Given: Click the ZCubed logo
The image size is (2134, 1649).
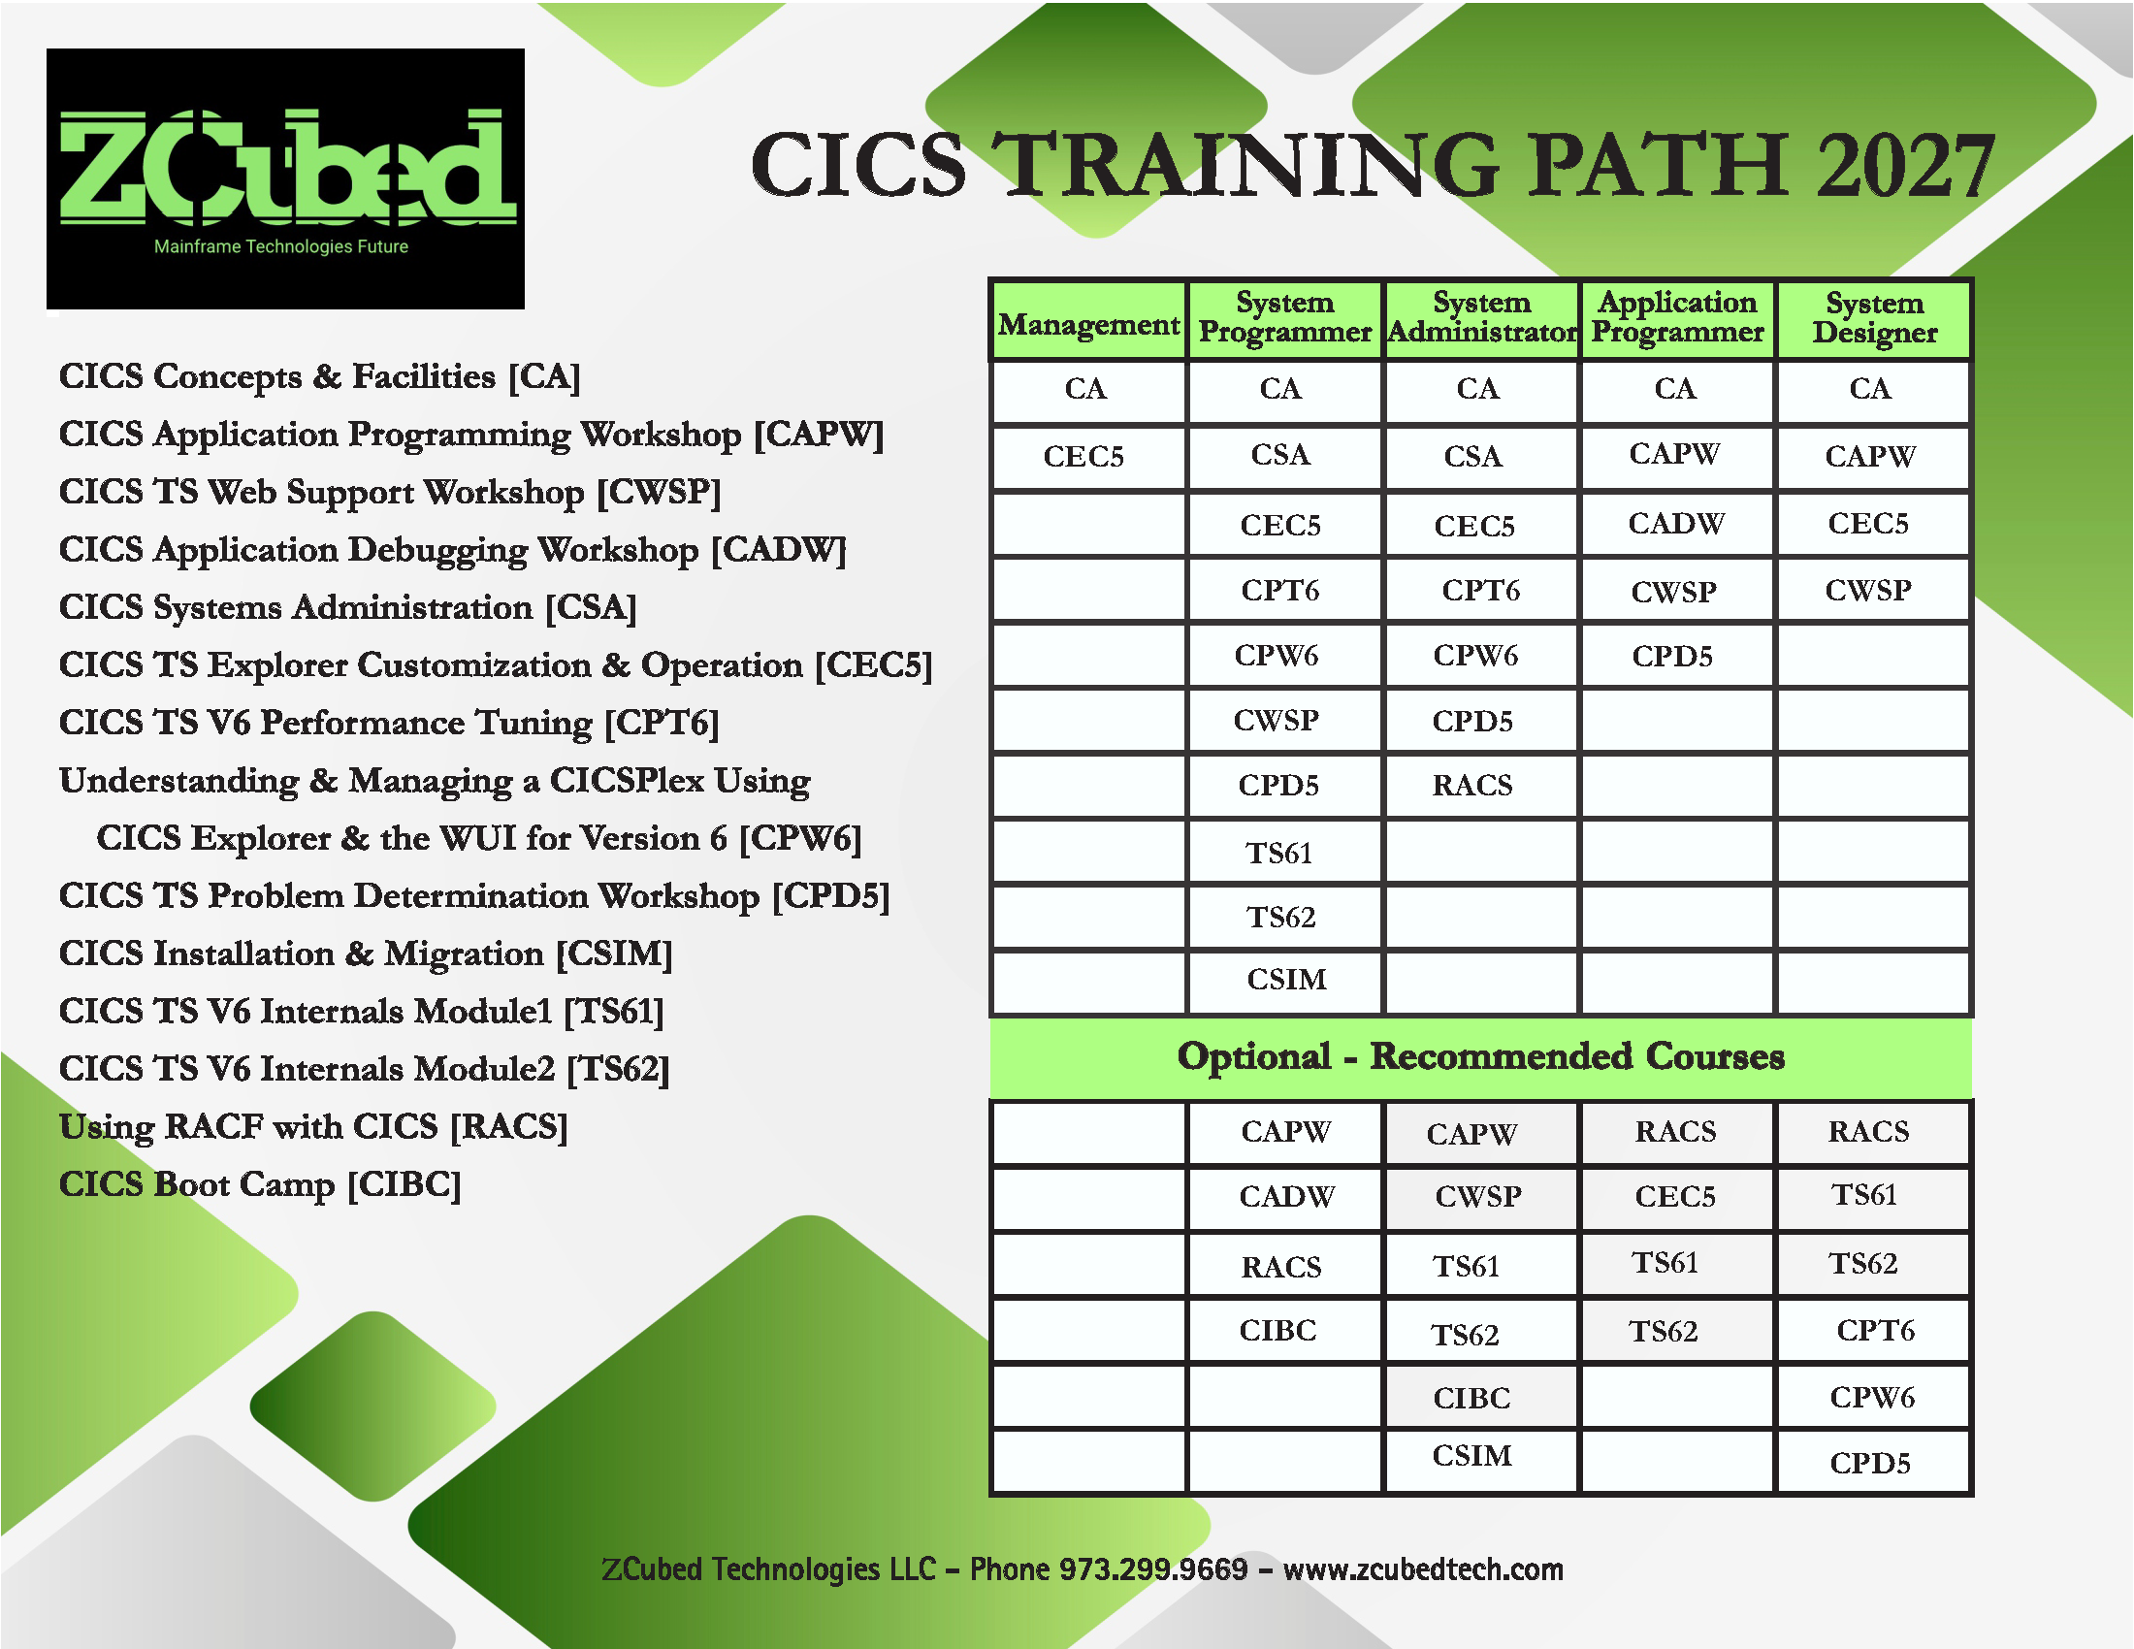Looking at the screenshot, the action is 285,178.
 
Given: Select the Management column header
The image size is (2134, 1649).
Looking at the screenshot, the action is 1088,324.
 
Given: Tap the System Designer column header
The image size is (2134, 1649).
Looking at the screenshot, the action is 1874,317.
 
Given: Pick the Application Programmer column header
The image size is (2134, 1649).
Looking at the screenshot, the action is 1677,317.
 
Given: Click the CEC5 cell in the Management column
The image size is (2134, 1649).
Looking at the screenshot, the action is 1083,456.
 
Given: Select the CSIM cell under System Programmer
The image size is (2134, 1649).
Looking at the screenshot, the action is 1286,979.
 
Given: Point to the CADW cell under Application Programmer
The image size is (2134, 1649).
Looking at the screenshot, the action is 1676,524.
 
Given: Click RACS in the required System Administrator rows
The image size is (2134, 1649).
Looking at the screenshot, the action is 1472,785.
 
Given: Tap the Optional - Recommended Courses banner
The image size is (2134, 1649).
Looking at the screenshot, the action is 1480,1056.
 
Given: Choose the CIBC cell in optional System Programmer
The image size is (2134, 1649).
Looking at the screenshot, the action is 1278,1330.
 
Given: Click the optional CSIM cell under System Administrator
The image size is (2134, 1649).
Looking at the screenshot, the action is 1471,1456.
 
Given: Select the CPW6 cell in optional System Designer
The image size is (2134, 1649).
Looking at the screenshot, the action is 1872,1397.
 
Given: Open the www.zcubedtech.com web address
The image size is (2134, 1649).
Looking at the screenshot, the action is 1423,1568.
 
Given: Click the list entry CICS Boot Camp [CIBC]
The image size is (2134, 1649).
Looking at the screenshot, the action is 260,1184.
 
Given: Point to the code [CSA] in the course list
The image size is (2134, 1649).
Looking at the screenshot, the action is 590,607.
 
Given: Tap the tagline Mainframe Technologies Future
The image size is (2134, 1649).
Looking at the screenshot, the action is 281,246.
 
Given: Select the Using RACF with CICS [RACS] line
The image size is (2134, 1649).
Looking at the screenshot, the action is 312,1126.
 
